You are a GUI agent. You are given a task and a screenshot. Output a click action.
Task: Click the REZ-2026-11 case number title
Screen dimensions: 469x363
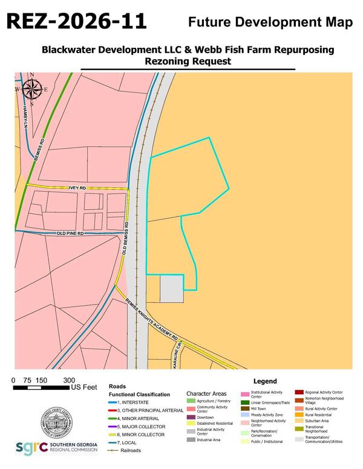coord(77,22)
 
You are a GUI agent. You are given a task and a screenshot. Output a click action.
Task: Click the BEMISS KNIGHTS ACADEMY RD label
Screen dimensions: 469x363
coord(152,320)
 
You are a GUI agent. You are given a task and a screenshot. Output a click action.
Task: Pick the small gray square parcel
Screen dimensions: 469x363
coord(171,289)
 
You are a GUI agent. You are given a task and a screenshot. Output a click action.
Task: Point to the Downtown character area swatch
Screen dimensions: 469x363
coord(191,417)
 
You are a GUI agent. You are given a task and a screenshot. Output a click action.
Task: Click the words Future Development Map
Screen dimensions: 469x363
coord(270,22)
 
